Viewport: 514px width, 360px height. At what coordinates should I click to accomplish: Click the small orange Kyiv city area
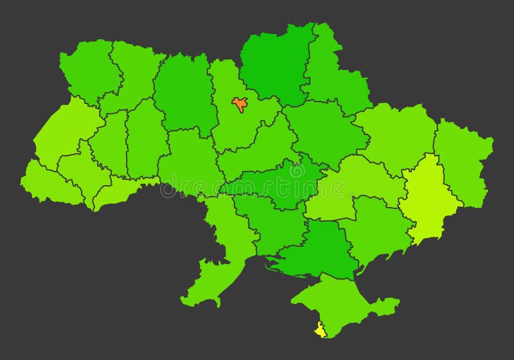pos(240,104)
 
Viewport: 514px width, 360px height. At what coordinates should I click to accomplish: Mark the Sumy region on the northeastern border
pos(334,77)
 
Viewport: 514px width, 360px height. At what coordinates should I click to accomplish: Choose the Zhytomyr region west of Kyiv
pos(183,93)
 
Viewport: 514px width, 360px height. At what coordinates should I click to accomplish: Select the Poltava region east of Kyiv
pos(321,129)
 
